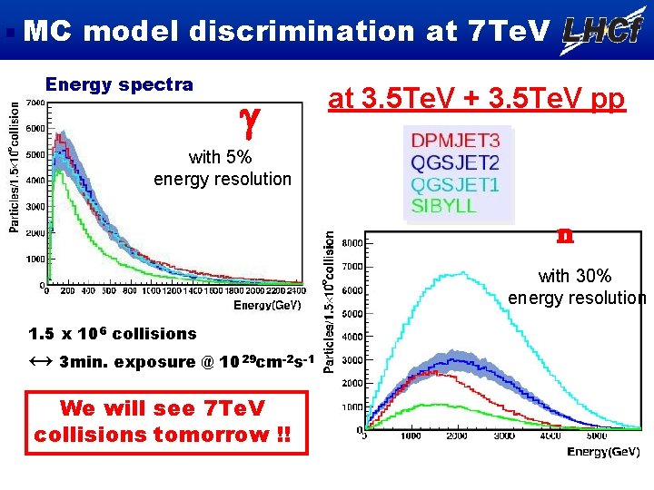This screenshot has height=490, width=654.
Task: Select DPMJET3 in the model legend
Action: click(x=455, y=142)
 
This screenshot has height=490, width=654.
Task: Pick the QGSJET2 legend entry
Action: click(x=455, y=163)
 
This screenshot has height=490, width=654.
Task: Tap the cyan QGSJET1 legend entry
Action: click(x=455, y=184)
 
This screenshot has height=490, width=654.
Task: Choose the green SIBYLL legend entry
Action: click(x=444, y=205)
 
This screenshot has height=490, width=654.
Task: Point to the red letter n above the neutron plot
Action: click(x=564, y=235)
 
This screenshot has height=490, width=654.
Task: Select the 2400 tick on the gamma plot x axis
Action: click(x=293, y=290)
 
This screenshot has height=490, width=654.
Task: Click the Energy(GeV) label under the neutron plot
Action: click(x=603, y=451)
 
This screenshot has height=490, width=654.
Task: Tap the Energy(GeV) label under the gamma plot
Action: click(x=267, y=305)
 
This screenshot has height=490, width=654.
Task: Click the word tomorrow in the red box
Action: click(x=214, y=434)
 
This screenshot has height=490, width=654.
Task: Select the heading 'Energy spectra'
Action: click(x=119, y=85)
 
